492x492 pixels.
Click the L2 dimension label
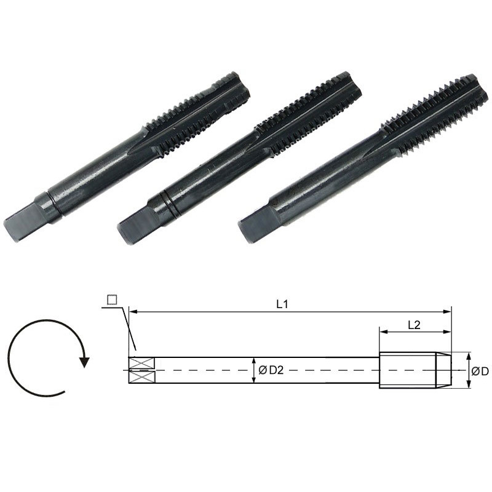coord(414,325)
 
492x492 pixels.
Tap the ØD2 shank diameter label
coord(271,370)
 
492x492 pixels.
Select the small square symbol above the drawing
coord(112,300)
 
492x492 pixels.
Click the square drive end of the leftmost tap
coord(20,221)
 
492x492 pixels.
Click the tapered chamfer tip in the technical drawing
coord(444,370)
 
